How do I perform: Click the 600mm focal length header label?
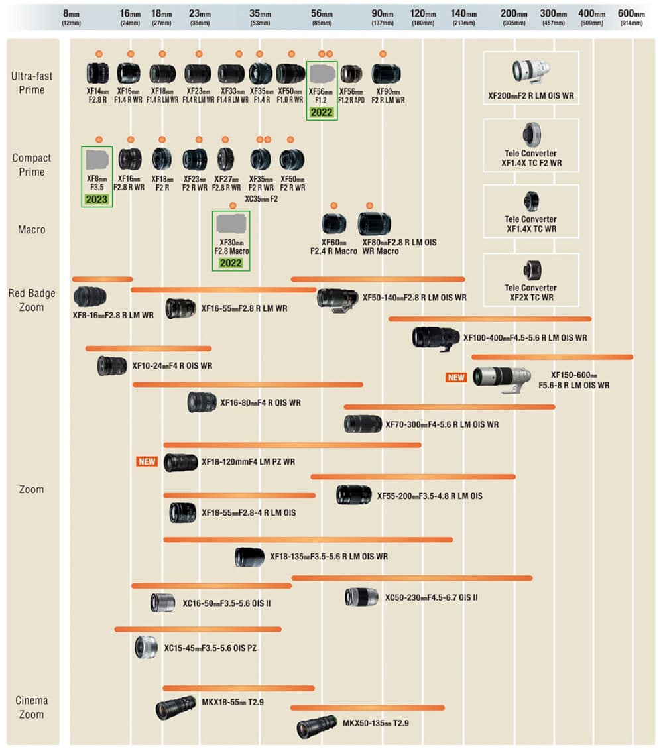click(x=631, y=17)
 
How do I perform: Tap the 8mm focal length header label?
click(x=71, y=17)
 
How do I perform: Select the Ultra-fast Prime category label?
click(x=32, y=83)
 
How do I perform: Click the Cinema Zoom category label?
click(x=32, y=707)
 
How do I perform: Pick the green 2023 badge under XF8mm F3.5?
click(x=97, y=199)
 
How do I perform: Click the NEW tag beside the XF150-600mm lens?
click(x=456, y=377)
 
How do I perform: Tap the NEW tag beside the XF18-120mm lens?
click(x=147, y=461)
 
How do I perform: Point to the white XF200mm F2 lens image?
click(x=530, y=70)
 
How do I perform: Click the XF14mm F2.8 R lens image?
click(x=97, y=73)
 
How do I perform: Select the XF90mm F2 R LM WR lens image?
click(x=386, y=74)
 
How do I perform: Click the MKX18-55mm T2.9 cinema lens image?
click(x=176, y=709)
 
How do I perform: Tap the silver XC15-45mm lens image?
click(x=145, y=647)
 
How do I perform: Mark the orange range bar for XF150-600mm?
click(x=552, y=357)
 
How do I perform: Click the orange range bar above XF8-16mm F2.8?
click(x=102, y=279)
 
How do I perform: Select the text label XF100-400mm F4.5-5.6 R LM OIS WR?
click(x=524, y=338)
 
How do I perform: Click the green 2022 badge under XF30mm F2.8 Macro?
click(x=231, y=263)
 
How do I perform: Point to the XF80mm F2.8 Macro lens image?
click(x=374, y=224)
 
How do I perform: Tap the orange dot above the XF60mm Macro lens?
click(x=333, y=205)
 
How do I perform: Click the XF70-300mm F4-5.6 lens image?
click(x=363, y=424)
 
